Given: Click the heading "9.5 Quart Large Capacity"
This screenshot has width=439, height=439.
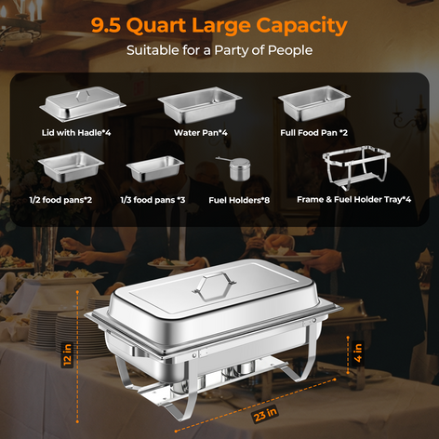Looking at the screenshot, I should coord(219,24).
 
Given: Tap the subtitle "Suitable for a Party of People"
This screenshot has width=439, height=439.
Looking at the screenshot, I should coord(219,50).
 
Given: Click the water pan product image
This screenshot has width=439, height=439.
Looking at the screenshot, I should coord(197,106).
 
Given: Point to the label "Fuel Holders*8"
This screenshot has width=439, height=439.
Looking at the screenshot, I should coord(240,200).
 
